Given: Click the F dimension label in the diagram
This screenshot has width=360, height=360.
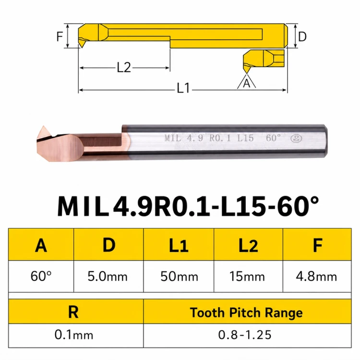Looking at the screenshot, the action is (x=60, y=36).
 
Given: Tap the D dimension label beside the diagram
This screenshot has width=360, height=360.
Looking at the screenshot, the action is (x=302, y=36).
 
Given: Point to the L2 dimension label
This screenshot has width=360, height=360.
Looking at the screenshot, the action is (x=124, y=68).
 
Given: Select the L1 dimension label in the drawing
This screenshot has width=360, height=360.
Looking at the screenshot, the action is (x=183, y=88).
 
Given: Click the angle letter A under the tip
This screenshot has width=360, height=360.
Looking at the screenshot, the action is (x=246, y=83).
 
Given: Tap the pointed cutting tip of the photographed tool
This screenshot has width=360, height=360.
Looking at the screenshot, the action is (x=43, y=127).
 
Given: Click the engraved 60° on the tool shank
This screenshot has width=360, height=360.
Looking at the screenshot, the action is (x=273, y=138).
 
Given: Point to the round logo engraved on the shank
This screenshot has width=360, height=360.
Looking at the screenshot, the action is (x=297, y=138).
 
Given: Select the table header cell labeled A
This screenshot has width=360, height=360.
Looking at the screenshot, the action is (x=41, y=244).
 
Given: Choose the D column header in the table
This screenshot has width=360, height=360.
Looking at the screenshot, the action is (x=108, y=244).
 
